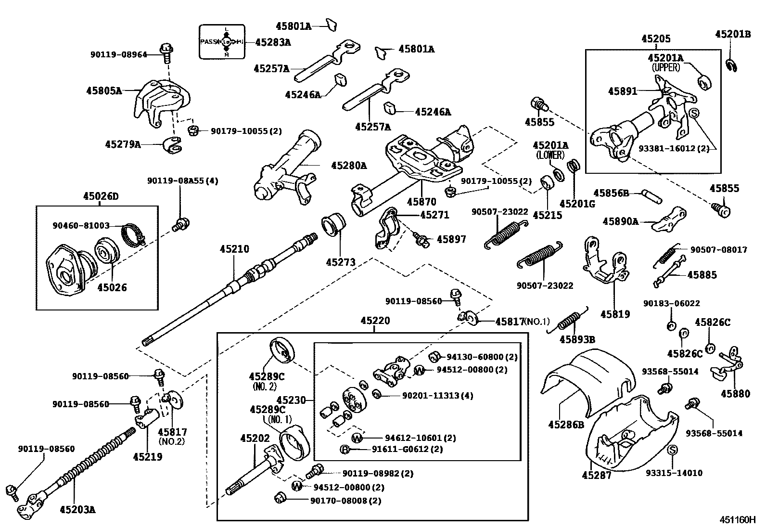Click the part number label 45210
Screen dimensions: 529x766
tap(234, 249)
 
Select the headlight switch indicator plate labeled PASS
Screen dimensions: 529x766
tap(223, 42)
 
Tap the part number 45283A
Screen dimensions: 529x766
tap(273, 42)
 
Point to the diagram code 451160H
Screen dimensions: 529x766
tap(738, 520)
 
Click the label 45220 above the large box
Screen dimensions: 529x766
tap(375, 321)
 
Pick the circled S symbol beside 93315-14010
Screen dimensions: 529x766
tap(673, 450)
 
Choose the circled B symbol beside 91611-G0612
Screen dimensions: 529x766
tap(345, 450)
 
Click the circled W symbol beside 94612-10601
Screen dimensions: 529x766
tap(357, 438)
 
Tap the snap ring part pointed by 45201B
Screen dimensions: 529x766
tap(731, 65)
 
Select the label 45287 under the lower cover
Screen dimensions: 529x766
tap(596, 476)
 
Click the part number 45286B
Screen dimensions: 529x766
tap(566, 425)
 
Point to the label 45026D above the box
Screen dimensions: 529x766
tap(100, 196)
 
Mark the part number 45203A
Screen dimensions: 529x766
tap(77, 509)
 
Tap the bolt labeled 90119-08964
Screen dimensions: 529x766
tap(166, 52)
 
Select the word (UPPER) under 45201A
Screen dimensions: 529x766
tap(666, 68)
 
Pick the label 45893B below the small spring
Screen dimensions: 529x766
tap(577, 340)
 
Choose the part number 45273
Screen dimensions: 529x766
tap(340, 262)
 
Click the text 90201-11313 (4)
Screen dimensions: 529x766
tap(437, 396)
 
